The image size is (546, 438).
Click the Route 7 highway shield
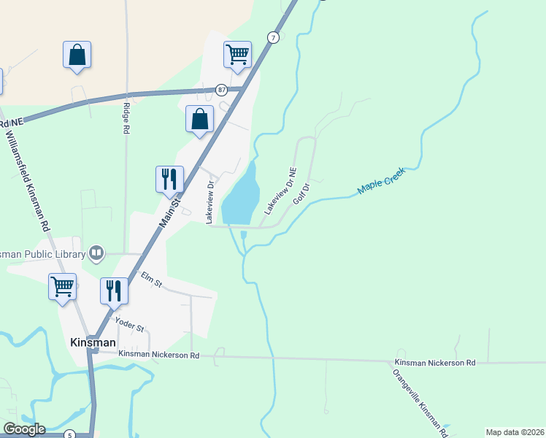[273, 37]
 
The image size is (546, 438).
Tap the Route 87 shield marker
[221, 90]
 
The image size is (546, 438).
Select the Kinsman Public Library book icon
[96, 253]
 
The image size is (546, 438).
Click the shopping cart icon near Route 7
[237, 54]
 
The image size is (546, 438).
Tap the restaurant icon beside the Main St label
[169, 178]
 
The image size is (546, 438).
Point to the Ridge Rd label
[126, 118]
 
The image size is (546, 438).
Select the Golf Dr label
[301, 193]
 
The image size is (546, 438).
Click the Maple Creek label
[380, 181]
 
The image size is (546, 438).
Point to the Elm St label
[152, 278]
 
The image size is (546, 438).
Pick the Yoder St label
[128, 324]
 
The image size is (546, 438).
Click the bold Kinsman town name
[92, 342]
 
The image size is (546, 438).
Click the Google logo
[24, 429]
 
